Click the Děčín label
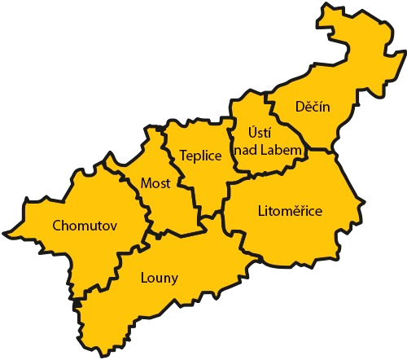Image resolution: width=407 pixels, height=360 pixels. (x=313, y=107)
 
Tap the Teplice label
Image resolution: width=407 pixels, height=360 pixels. (x=200, y=156)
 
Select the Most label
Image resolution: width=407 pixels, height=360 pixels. (x=155, y=183)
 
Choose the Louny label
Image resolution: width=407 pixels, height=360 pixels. (x=159, y=277)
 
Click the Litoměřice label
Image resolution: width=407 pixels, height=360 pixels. (x=290, y=211)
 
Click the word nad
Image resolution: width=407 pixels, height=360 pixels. (x=247, y=151)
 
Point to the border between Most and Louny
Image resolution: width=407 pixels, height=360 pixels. (x=175, y=230)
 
